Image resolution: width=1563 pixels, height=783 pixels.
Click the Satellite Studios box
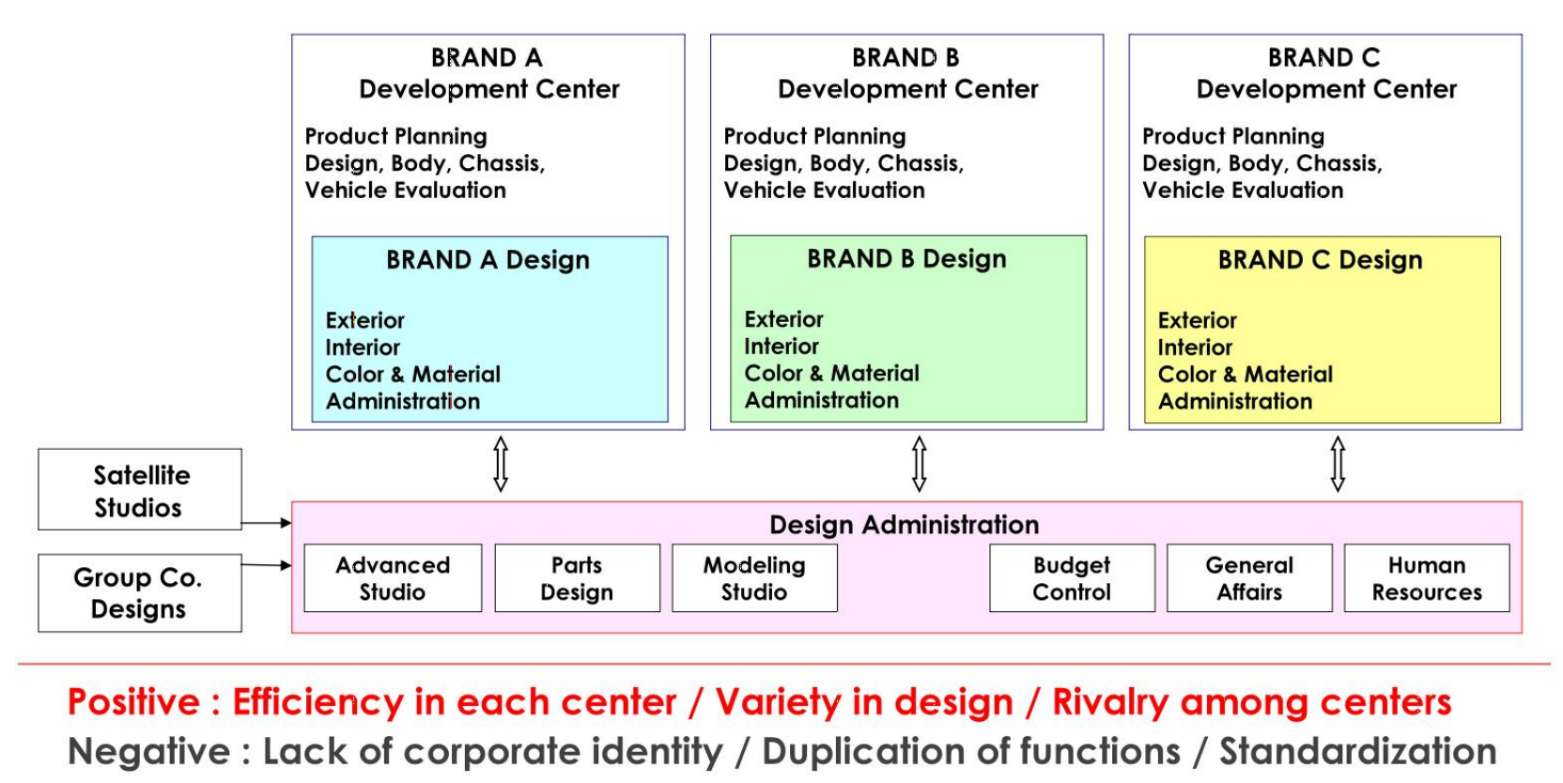coord(140,489)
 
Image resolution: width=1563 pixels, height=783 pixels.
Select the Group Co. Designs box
coord(140,593)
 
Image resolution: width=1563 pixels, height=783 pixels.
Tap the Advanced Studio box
coord(393,578)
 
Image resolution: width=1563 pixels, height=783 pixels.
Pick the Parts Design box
coord(578,578)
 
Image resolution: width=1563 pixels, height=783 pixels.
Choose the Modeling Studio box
coord(755,578)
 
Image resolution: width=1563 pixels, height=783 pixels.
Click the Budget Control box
coord(1073,578)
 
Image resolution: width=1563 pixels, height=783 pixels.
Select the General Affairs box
coord(1249,578)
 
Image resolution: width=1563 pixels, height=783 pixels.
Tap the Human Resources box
coord(1427,578)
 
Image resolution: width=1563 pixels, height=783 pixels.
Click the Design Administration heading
coord(905,524)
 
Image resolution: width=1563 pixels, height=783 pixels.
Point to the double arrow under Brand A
coord(501,465)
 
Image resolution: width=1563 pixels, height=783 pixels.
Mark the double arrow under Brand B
coord(919,465)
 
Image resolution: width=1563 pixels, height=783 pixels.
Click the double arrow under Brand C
coord(1338,465)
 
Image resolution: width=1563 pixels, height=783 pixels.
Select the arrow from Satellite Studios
coord(267,523)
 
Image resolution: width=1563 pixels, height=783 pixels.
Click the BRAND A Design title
coord(487,260)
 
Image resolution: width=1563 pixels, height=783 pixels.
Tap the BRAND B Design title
coord(906,259)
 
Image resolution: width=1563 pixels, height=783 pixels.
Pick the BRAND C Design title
coord(1320,260)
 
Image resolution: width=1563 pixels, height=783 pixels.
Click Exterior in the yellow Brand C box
coord(1198,320)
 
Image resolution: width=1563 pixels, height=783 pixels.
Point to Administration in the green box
coord(821,400)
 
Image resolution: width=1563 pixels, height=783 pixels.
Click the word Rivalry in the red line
coord(1110,702)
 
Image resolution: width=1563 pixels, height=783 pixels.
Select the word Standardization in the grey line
coord(1358,752)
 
